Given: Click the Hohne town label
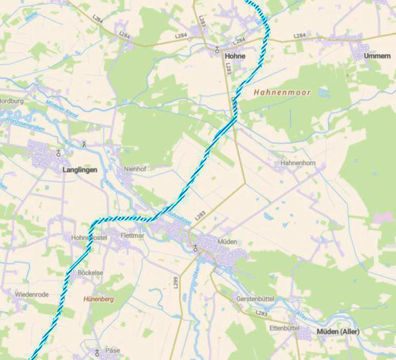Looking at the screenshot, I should tap(235, 56).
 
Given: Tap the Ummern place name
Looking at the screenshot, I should tap(376, 56).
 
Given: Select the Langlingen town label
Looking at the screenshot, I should tap(79, 169).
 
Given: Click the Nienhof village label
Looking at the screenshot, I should tap(135, 169).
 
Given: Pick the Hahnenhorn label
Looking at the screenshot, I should tap(298, 163).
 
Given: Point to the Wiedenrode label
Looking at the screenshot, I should tap(31, 294).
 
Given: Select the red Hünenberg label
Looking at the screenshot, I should tap(98, 299).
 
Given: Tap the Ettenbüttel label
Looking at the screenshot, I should tap(284, 328).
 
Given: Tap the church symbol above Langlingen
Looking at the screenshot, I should tap(58, 153).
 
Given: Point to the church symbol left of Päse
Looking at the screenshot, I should tap(96, 351).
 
